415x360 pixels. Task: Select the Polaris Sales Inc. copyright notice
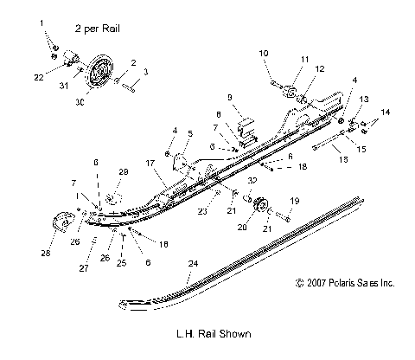tap(344, 282)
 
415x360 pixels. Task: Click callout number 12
tap(321, 67)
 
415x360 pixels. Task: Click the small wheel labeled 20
tap(264, 211)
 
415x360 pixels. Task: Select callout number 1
tap(42, 35)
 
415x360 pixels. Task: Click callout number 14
tap(386, 113)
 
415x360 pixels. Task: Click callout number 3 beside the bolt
tap(145, 72)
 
